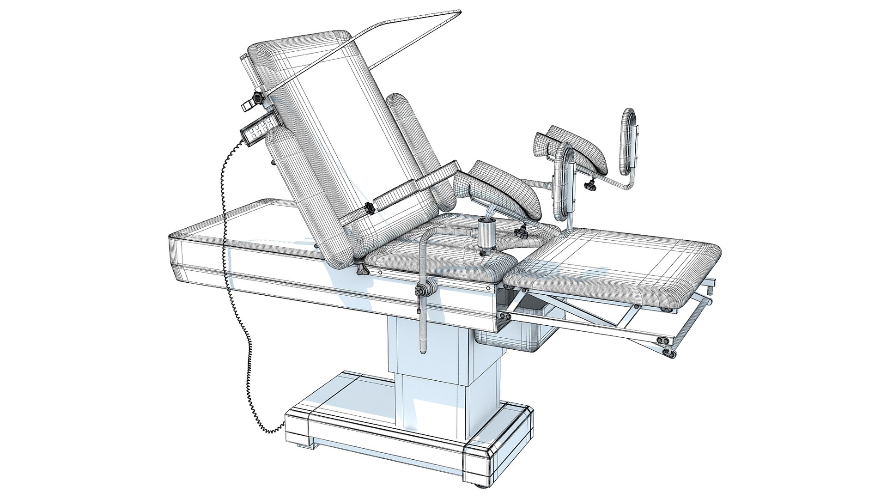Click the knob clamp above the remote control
255,98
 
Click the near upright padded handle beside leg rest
564,185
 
